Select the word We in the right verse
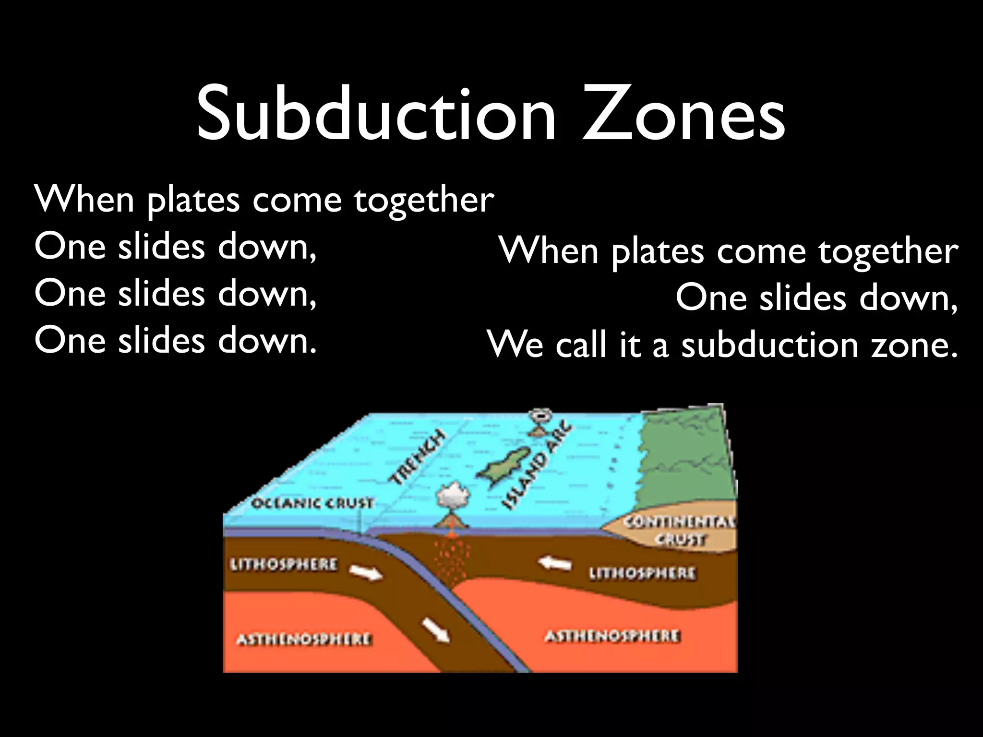515,344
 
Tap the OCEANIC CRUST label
312,503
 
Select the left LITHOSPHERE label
284,564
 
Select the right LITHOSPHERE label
642,573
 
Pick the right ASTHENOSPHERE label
612,636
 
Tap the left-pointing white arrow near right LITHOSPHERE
554,563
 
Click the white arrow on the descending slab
436,630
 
